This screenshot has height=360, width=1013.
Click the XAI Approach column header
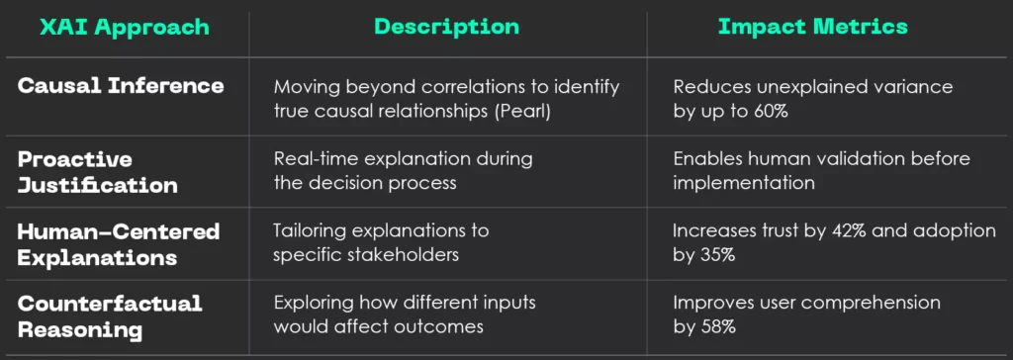click(x=125, y=27)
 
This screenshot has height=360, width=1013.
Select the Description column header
click(x=446, y=27)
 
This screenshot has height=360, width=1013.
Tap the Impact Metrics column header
click(x=812, y=27)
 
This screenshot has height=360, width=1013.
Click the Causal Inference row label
click(x=121, y=86)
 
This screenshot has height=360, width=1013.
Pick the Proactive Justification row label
click(x=98, y=171)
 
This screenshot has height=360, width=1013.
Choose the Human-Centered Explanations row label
click(x=119, y=244)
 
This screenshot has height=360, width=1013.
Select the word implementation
click(x=743, y=183)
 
